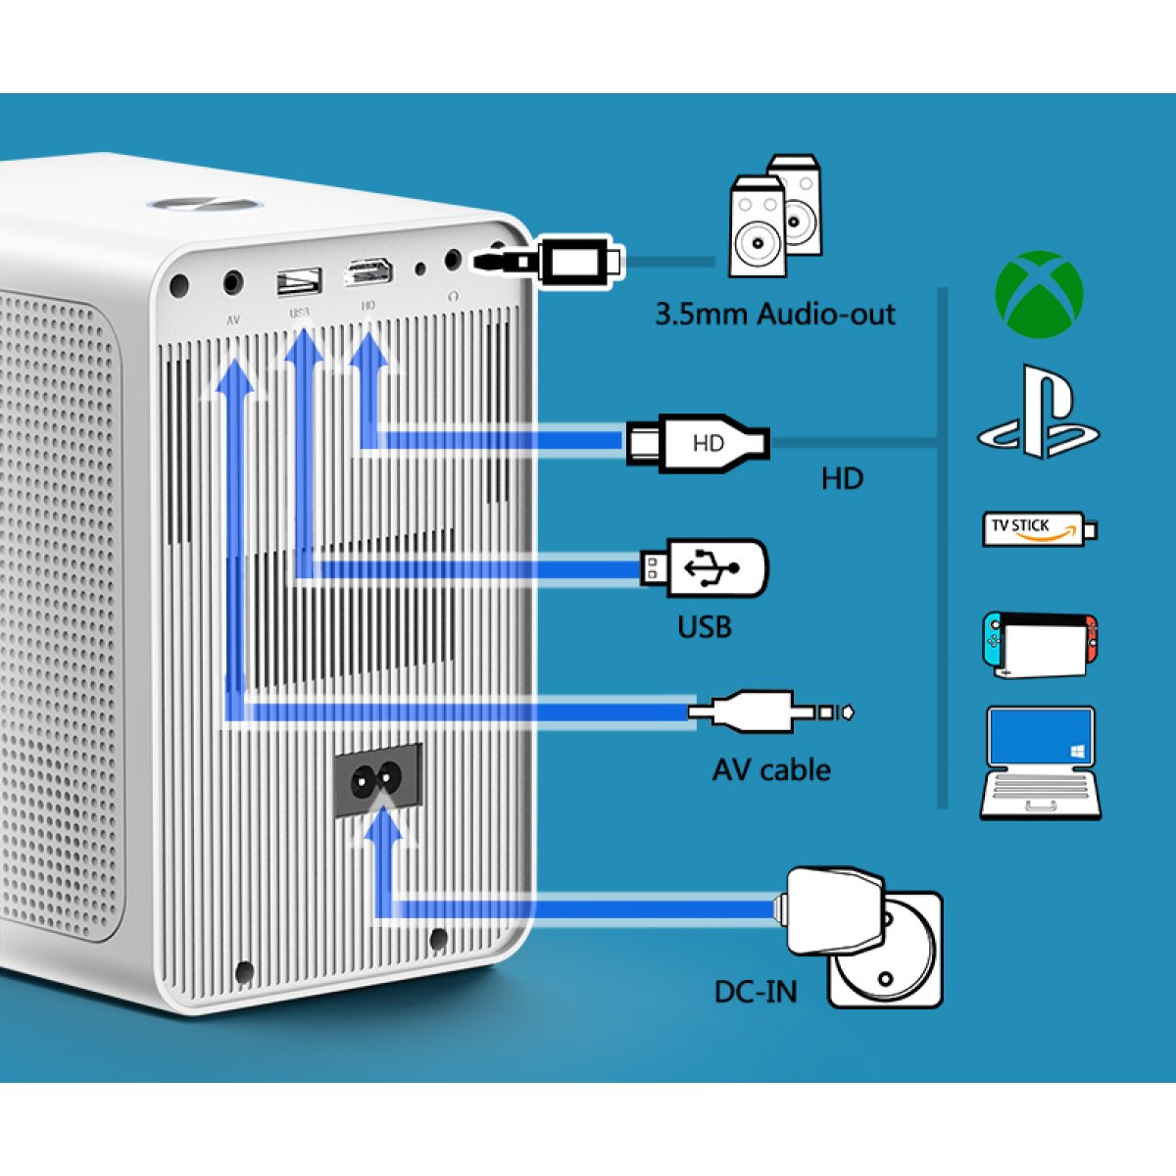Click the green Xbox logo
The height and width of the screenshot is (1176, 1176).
1039,294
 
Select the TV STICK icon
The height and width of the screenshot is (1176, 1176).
1039,528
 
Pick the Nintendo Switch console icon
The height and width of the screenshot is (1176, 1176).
1040,644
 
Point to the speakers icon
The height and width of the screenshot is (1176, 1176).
775,216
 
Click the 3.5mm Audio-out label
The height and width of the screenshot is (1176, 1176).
774,315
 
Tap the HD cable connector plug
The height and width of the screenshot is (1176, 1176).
698,443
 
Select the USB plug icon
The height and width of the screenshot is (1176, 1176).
706,566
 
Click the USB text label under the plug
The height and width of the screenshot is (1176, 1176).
705,626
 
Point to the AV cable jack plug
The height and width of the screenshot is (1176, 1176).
769,711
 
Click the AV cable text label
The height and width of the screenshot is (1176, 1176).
771,770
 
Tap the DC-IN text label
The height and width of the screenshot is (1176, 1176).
755,992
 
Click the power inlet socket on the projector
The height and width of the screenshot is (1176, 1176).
378,780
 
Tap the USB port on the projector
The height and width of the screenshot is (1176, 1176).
299,282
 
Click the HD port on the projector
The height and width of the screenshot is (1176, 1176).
368,273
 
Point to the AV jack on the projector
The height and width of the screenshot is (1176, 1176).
232,284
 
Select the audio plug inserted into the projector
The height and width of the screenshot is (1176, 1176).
549,261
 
